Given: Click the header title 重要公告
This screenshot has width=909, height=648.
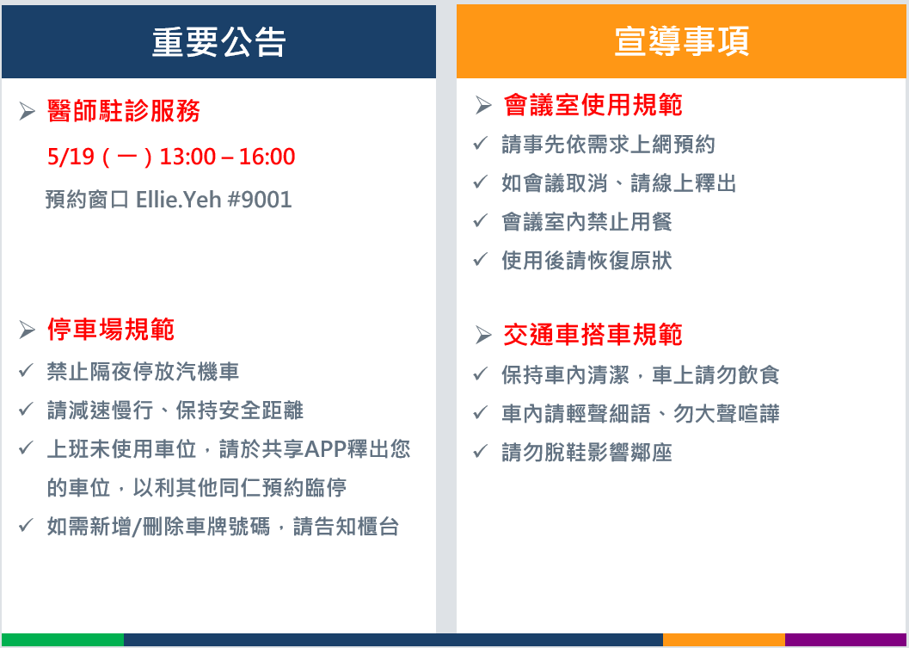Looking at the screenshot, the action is (219, 42).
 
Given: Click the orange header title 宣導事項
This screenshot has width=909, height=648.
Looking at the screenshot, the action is (682, 41).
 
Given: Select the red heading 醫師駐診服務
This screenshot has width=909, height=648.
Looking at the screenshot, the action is (124, 111).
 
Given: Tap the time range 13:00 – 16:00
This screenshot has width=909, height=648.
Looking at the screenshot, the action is (227, 157).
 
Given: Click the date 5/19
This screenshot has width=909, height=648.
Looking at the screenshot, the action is (71, 157).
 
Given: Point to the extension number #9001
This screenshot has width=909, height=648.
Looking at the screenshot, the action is (260, 200).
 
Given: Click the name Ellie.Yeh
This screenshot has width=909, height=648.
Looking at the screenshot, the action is (179, 200).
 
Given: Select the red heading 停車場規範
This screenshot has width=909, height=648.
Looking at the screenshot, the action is (111, 330).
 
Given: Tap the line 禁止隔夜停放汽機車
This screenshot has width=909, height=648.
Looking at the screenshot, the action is (144, 372).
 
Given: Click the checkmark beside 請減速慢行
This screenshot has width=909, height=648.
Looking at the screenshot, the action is (26, 410).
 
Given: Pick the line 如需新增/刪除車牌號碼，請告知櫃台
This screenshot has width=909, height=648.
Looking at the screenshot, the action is (224, 527).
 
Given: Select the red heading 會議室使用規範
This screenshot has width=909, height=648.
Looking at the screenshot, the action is (593, 105).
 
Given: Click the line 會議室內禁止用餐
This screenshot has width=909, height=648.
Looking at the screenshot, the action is (587, 222).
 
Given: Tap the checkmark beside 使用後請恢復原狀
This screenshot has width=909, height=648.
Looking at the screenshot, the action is (481, 259).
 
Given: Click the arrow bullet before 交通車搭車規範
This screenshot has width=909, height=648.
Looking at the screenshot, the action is (483, 335).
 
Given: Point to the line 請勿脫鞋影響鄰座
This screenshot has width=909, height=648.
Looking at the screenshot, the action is (587, 453).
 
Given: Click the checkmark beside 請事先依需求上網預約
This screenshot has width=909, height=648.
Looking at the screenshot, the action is (481, 143).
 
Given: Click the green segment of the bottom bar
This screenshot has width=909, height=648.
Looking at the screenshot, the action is (63, 640).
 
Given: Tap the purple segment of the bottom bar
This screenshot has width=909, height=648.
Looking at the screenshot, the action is (846, 640).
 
